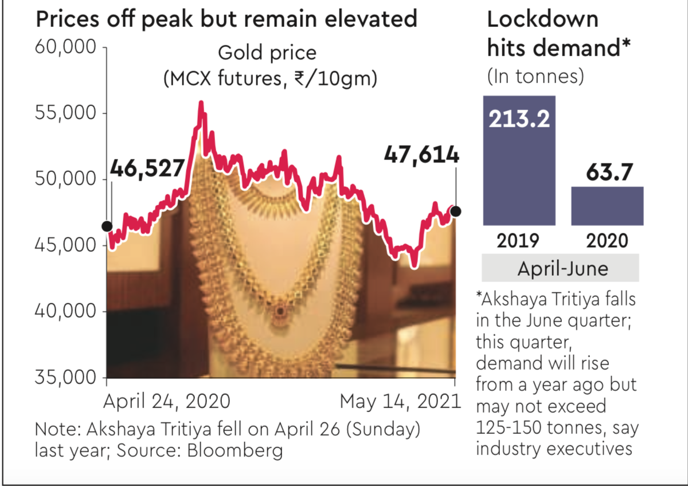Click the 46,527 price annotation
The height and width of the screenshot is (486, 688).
(147, 169)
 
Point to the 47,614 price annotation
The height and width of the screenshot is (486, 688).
(421, 155)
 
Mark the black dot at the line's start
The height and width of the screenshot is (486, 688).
(107, 226)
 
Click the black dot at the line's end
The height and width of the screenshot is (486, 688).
(456, 211)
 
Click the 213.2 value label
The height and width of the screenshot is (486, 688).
(519, 119)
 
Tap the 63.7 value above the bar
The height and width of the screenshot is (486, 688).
(607, 171)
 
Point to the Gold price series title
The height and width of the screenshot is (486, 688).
(267, 53)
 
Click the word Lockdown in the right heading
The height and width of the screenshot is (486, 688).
(542, 21)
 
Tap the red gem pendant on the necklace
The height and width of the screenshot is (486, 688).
(280, 311)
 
